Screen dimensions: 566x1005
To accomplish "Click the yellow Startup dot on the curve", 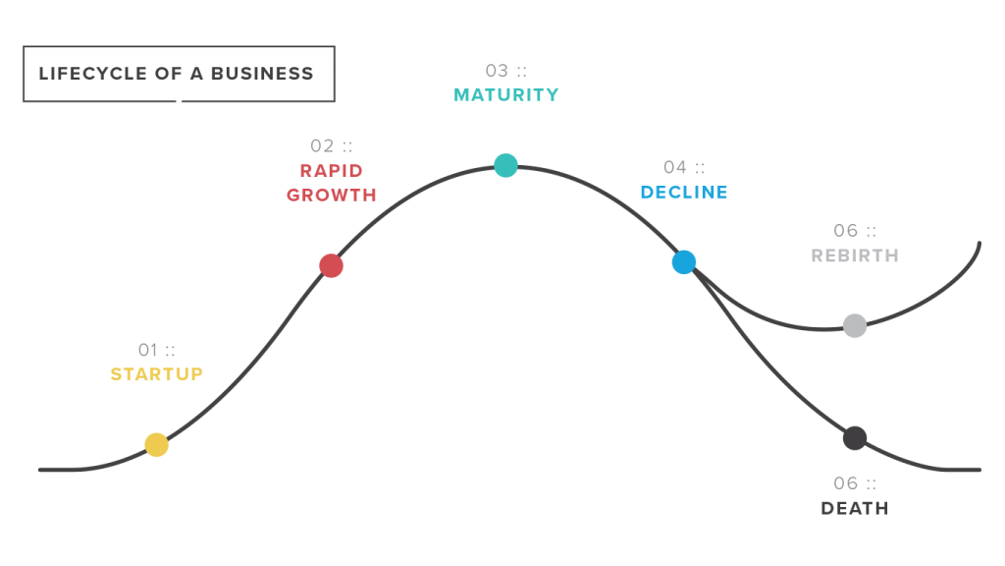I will pos(156,445).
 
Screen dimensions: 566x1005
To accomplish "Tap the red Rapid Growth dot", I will pos(332,265).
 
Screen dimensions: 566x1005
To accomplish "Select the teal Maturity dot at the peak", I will pos(505,165).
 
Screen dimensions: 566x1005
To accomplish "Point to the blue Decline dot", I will pos(684,262).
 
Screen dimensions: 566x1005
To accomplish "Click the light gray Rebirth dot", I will pos(855,325).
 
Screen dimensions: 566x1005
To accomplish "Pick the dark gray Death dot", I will pos(855,438).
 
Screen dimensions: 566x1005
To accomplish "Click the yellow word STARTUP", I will pos(157,374).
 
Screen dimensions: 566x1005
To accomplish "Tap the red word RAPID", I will pos(332,171).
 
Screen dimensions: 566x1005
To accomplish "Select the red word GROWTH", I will pos(332,195).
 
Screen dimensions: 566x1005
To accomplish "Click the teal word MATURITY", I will pos(506,95).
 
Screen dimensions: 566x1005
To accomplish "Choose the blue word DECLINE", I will pos(684,193).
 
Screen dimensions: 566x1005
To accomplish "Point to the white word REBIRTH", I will pos(855,255).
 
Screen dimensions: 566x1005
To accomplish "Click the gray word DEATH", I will pos(855,508).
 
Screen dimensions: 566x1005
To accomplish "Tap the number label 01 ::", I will pos(157,350).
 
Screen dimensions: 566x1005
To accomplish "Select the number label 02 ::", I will pos(332,146).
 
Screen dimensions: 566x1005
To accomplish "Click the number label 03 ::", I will pos(506,71).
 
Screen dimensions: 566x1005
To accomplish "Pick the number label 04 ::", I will pos(684,167).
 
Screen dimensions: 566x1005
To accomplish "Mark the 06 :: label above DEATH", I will pos(855,483).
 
